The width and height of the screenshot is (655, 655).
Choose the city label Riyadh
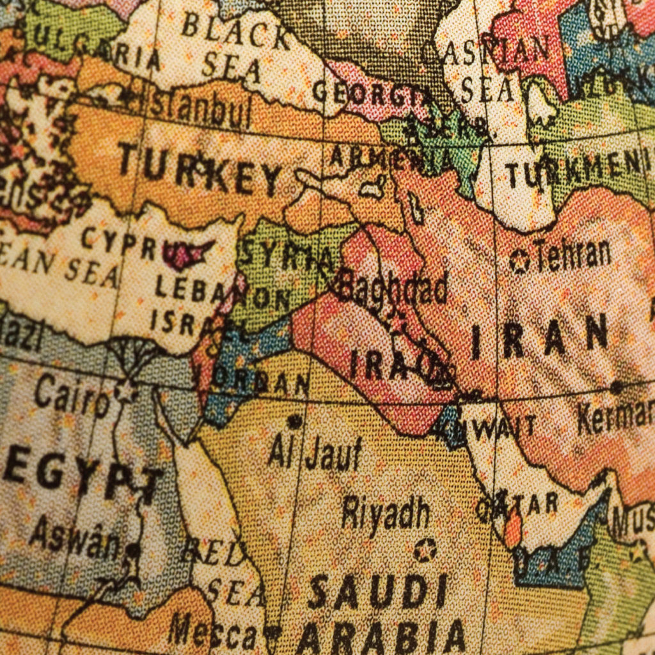tap(385, 512)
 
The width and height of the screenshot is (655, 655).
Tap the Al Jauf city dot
tap(294, 422)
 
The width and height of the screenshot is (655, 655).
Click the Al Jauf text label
tap(315, 453)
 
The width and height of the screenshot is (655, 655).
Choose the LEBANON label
tap(221, 294)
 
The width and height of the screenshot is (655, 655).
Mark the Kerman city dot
tap(616, 387)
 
